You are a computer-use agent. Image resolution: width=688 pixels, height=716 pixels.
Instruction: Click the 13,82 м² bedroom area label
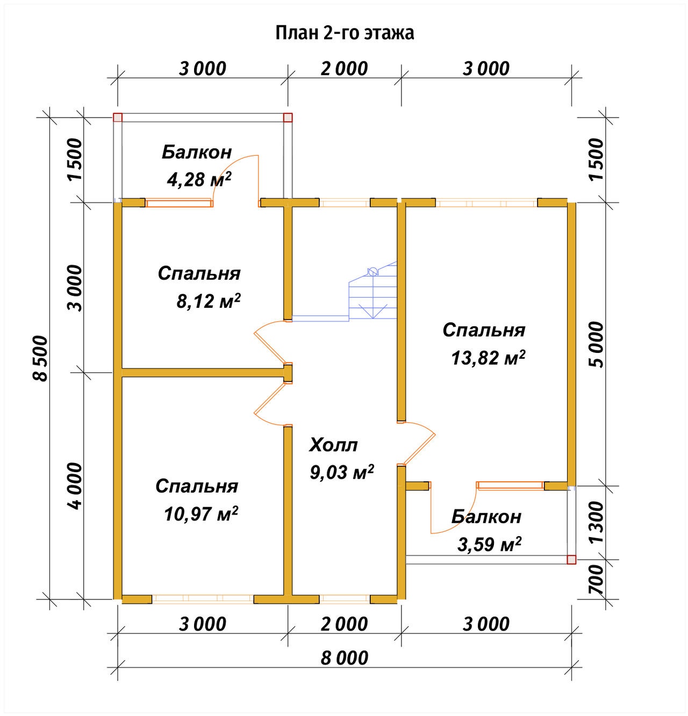(488, 357)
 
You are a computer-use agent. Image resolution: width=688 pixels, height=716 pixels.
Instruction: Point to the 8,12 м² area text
(209, 301)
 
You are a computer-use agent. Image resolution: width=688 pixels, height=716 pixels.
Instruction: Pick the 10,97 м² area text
(201, 514)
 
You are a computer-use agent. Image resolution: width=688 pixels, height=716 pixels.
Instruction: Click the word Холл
(333, 445)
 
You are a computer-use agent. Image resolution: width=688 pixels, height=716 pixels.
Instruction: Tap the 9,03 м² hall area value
(342, 472)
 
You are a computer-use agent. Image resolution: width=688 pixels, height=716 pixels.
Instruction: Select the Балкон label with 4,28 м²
(197, 152)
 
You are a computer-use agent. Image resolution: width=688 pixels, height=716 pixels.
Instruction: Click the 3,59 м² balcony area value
(489, 544)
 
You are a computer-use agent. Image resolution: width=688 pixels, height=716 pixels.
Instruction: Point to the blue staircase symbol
(372, 291)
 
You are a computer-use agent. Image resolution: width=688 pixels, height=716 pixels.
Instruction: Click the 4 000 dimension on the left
(76, 486)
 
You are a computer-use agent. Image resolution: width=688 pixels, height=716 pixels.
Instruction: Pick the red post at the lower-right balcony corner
(571, 560)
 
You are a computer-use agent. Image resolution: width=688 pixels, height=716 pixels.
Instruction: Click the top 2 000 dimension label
(344, 69)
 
